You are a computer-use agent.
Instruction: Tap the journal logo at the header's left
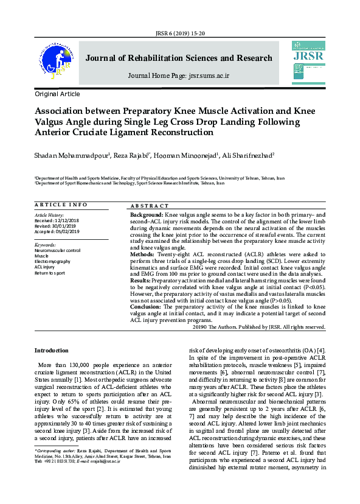point(57,61)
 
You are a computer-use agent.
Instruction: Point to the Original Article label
point(57,94)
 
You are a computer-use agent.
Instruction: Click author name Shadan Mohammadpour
point(72,156)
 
